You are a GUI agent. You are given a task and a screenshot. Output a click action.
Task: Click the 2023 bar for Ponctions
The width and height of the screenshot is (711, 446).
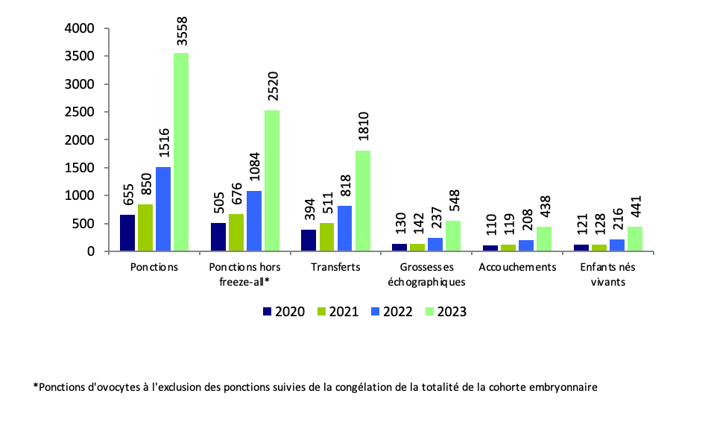[x=181, y=152]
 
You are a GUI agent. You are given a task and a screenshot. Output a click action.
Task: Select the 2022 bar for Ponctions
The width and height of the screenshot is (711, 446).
[x=163, y=209]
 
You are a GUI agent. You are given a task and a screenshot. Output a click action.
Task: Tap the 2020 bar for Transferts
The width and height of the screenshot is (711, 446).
[x=309, y=240]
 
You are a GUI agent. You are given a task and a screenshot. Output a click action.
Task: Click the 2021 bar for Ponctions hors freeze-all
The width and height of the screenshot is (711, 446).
[x=236, y=233]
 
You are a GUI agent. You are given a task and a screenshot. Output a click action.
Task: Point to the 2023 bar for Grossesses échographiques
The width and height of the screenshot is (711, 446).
[x=453, y=236]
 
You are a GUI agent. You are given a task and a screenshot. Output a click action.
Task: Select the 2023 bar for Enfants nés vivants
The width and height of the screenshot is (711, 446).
[x=635, y=239]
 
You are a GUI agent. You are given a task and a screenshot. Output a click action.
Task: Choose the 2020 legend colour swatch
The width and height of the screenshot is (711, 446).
[x=268, y=312]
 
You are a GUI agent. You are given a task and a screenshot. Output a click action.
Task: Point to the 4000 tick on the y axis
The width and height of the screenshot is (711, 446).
[x=82, y=28]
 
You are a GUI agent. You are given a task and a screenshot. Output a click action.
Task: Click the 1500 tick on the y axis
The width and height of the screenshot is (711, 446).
[x=82, y=168]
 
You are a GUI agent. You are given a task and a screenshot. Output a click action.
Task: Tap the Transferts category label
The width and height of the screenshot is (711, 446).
[x=336, y=267]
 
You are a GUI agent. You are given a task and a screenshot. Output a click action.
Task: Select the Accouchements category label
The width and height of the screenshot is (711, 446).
[x=518, y=267]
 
